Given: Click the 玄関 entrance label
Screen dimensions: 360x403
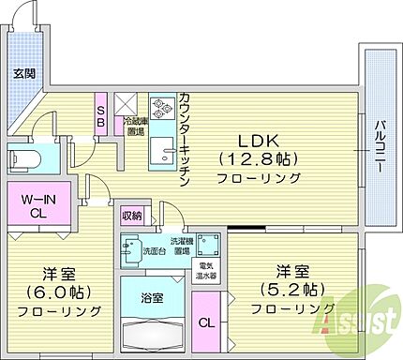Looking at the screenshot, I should click(22, 73).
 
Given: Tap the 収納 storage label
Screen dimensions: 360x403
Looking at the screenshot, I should click(131, 217).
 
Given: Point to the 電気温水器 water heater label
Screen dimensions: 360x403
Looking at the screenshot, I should click(206, 272).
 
